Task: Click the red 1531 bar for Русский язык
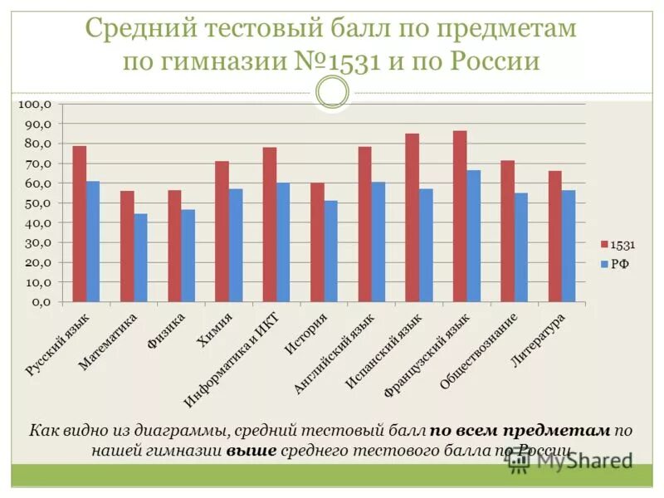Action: click(x=80, y=224)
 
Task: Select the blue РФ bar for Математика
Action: click(x=140, y=258)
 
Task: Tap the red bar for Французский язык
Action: click(x=460, y=217)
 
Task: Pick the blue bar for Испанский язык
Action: click(x=426, y=246)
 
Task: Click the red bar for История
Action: click(x=317, y=242)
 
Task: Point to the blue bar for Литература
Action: click(x=569, y=247)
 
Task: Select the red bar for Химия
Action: click(x=222, y=232)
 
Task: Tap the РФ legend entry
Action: click(x=618, y=264)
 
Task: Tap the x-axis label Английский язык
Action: click(x=334, y=353)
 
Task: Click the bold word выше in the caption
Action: click(x=250, y=451)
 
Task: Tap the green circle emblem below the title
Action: click(x=332, y=91)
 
